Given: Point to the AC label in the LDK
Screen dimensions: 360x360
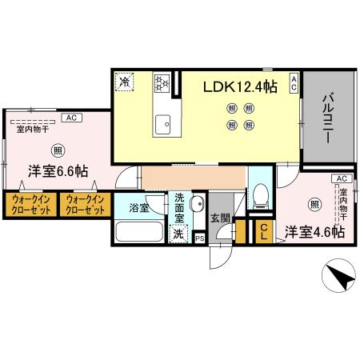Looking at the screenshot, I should point(294,82).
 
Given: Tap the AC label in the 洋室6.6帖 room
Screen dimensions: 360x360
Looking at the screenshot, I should point(71,118).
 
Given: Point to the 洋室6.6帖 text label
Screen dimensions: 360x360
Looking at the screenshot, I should point(59,170).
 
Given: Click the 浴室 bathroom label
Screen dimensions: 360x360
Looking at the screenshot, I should point(139,209).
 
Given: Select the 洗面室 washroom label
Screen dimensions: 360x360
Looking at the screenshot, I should point(179,207).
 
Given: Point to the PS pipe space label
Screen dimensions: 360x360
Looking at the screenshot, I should point(199,238).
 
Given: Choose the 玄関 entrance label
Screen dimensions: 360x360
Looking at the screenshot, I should point(220,216).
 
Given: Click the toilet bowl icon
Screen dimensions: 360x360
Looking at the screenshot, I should point(259,194).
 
